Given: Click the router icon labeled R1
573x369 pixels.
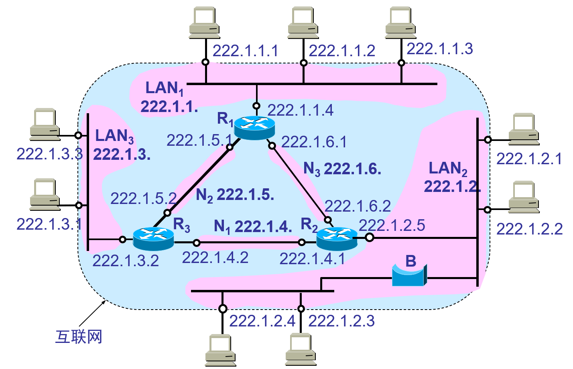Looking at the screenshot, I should coord(254,127).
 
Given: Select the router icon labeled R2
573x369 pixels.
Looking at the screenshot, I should coord(337,238).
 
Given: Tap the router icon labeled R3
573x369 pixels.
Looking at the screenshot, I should coord(153,238).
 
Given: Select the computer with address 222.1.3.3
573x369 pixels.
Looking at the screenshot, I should coord(45,124).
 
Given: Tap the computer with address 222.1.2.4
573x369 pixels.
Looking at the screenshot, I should coord(220,350).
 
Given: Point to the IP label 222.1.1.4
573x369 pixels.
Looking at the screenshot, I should coord(300,110).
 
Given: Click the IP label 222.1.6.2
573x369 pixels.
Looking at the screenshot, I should coord(358,206).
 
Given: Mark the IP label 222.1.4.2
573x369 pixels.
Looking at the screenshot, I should coord(215,257).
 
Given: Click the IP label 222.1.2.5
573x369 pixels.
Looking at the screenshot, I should coord(392,225).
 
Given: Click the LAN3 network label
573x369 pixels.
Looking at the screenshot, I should coord(114,136).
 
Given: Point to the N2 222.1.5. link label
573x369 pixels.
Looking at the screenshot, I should coord(235,195).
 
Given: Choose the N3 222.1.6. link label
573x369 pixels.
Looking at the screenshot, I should coord(342,169).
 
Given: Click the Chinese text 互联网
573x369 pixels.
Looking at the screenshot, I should coord(79,336).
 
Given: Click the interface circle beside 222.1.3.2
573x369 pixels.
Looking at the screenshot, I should coord(123,240).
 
